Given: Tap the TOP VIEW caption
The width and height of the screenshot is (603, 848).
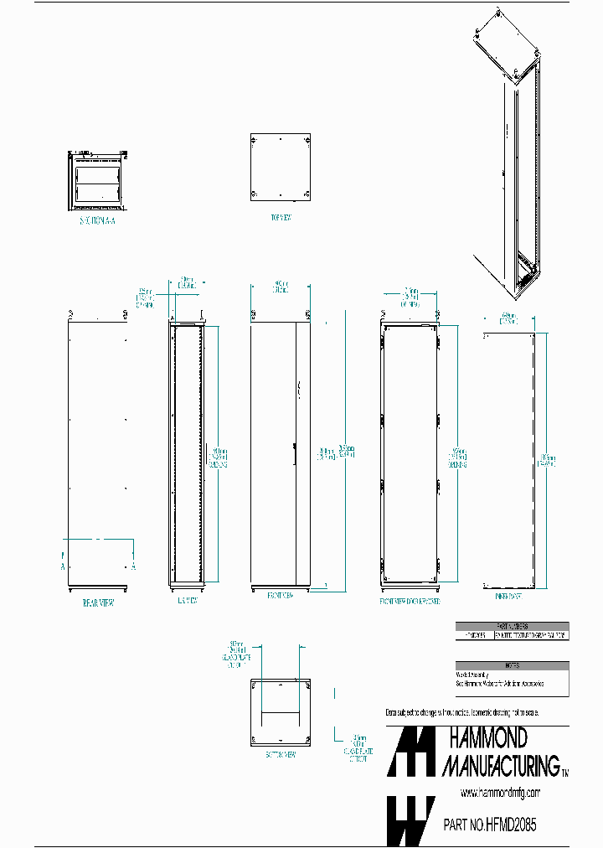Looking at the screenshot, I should click(281, 217).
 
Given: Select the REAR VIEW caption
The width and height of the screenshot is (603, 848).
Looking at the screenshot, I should click(98, 602).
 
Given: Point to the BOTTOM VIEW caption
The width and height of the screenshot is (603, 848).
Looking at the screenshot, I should click(280, 754).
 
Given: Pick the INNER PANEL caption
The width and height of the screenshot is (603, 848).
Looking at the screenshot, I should click(509, 597).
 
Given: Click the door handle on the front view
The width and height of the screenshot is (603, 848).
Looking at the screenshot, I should click(294, 452).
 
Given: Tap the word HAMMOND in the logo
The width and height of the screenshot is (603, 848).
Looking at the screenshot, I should click(489, 738).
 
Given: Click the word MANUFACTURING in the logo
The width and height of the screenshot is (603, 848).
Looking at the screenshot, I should click(500, 765).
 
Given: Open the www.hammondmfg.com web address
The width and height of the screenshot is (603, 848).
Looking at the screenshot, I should click(500, 793).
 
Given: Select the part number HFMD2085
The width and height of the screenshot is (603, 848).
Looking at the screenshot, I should click(490, 825).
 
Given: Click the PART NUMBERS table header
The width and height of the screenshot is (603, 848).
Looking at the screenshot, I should click(512, 626).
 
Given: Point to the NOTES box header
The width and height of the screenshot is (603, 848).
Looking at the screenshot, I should click(512, 665).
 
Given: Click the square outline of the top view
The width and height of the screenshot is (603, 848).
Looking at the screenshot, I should click(281, 167).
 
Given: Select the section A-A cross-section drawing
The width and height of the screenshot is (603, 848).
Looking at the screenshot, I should click(100, 178).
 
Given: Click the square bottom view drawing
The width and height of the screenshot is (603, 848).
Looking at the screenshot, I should click(280, 713).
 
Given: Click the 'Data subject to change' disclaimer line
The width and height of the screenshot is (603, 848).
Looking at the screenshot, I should click(462, 711).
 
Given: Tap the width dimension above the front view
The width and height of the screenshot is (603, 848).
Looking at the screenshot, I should click(280, 287).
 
